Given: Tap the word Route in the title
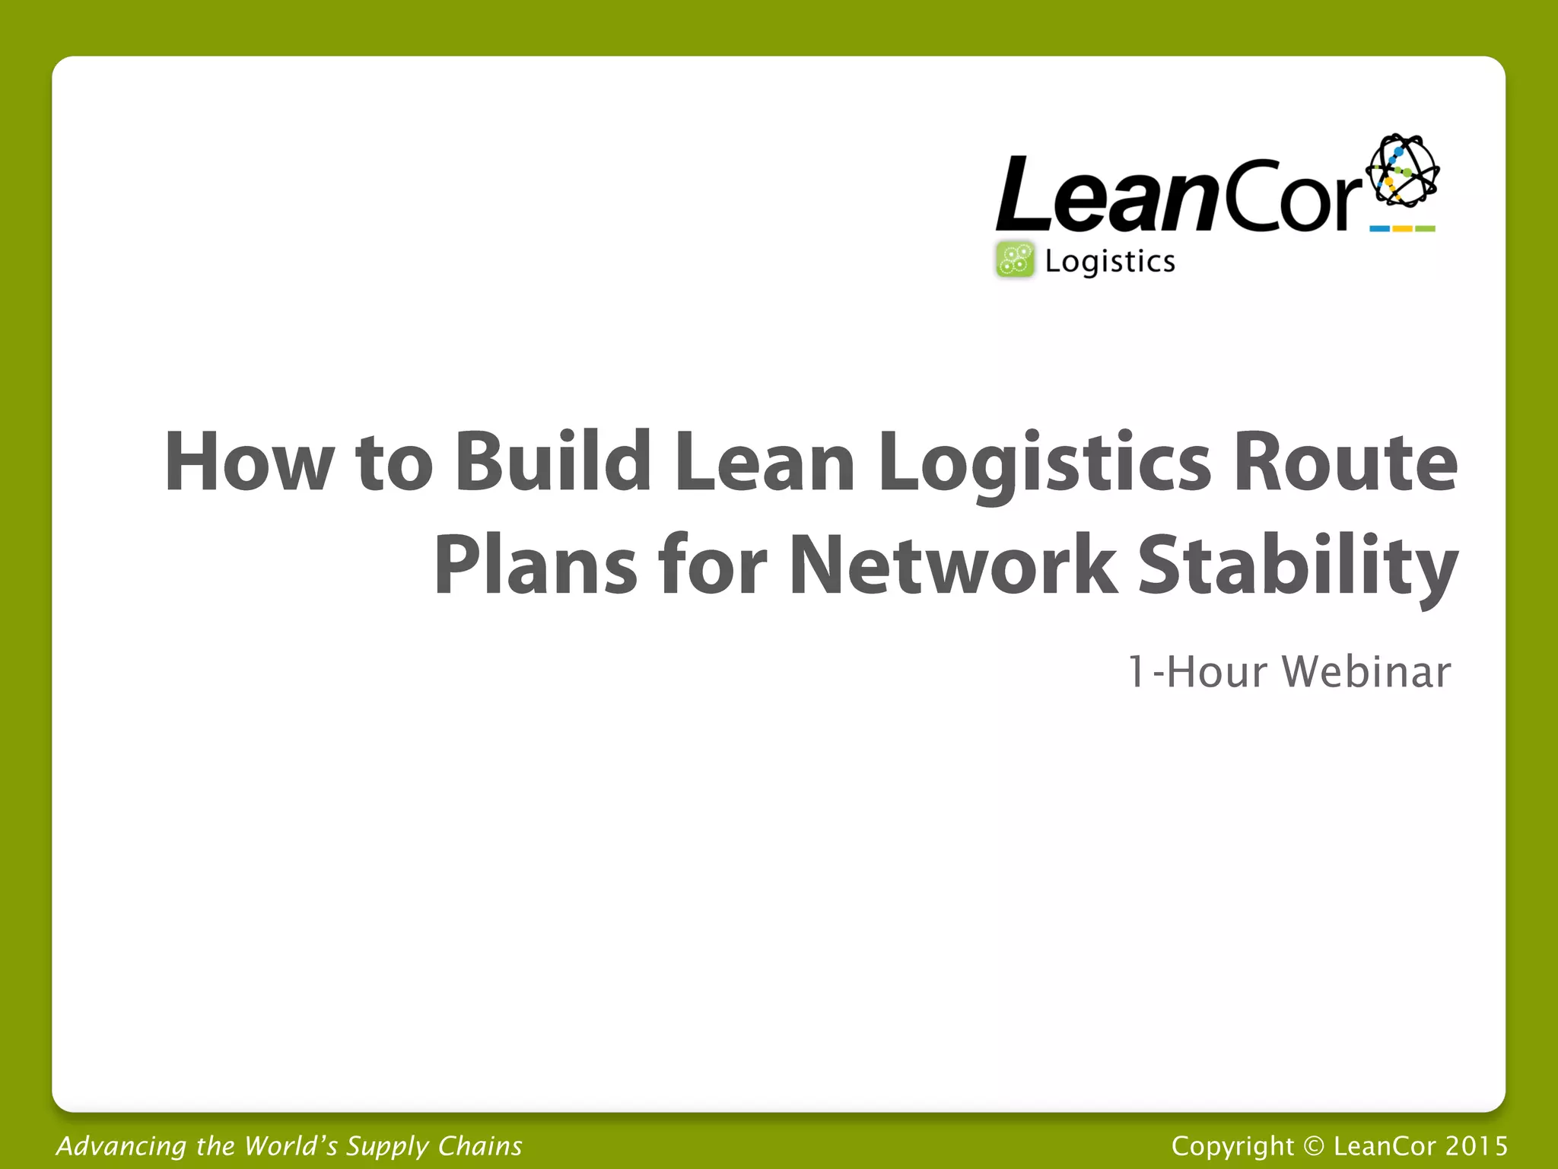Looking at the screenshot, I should [1345, 461].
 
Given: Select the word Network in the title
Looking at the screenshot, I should [954, 565].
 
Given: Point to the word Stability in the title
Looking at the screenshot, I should [1298, 565].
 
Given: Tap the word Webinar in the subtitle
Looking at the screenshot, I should [1366, 672].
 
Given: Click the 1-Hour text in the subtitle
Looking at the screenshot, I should [1197, 672].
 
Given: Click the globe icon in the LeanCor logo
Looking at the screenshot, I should [1402, 170].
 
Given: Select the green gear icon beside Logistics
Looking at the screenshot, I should [1015, 260].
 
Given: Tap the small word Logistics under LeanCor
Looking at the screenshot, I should [1110, 262].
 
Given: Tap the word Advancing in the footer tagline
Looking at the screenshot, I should [121, 1146].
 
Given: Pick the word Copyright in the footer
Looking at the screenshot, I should [1232, 1145].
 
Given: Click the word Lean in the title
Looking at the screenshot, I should [765, 461].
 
